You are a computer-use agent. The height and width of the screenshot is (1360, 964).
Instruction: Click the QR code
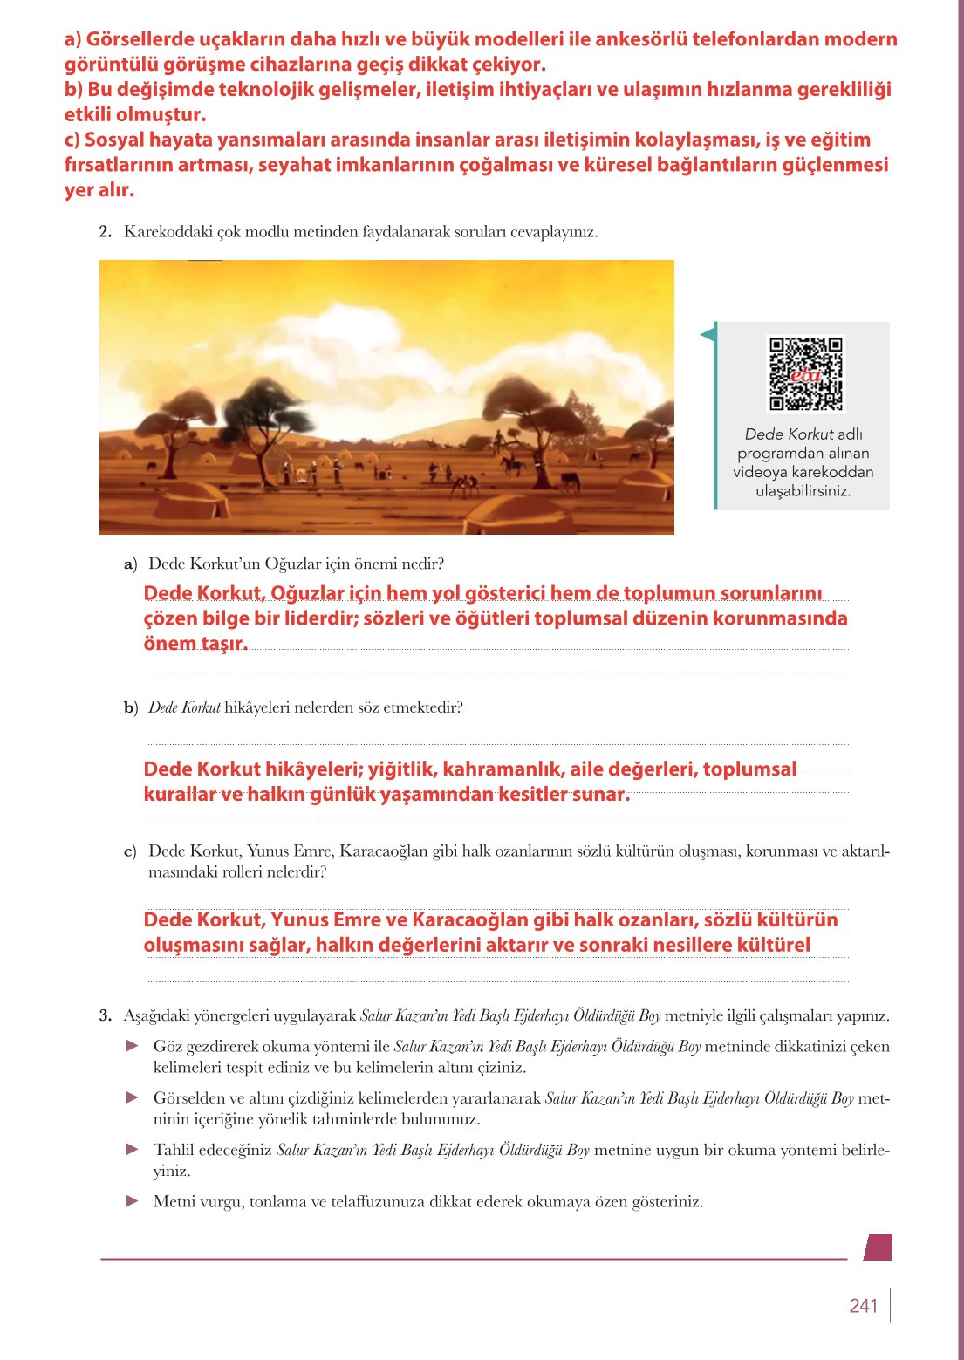pos(805,373)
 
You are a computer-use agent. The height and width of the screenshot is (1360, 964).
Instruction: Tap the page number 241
pos(863,1306)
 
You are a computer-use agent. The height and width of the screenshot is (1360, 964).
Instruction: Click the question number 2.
pos(106,232)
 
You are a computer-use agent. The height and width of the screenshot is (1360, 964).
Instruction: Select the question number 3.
pos(106,1015)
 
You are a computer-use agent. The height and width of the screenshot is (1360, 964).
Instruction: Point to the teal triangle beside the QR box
pos(708,333)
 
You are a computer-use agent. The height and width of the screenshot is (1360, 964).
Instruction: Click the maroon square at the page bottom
pos(878,1247)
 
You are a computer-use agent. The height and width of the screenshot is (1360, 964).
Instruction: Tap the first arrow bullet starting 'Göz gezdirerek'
pos(133,1045)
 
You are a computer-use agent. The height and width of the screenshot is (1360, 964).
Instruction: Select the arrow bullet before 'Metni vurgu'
pos(133,1200)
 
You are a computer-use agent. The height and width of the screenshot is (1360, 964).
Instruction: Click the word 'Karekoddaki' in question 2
pos(163,232)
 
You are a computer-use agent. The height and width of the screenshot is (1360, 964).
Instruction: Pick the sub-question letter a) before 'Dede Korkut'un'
pos(131,564)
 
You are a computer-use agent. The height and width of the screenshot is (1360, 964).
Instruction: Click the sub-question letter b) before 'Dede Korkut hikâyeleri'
pos(131,707)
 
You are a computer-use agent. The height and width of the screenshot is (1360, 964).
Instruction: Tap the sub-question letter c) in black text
pos(130,851)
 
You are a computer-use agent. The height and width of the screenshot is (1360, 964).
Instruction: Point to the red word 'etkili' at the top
pos(87,114)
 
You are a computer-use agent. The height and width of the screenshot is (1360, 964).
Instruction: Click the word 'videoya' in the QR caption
pos(761,472)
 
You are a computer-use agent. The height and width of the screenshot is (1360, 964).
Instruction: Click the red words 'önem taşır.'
pos(195,644)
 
